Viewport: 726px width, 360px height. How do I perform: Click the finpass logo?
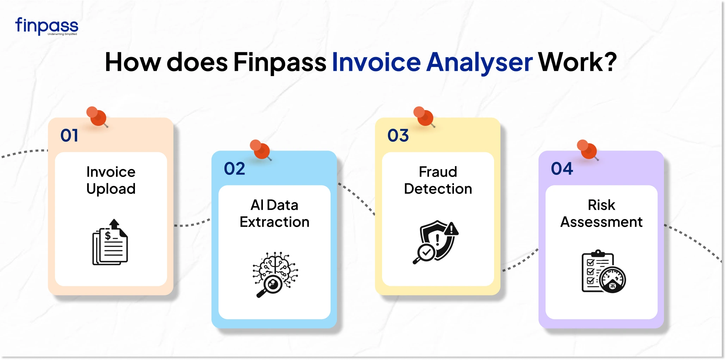tap(47, 26)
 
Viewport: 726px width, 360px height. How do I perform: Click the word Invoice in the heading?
tap(376, 62)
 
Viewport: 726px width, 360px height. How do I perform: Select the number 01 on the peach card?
tap(69, 135)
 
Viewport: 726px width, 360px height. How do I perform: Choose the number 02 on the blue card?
tap(234, 169)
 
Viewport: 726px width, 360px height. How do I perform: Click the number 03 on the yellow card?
tap(398, 135)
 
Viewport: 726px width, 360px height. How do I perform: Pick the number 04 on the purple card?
tap(562, 169)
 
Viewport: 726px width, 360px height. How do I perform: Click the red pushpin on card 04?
tap(587, 150)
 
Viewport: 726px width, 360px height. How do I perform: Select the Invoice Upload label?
tap(111, 180)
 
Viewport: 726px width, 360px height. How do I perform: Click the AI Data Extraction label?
tap(275, 213)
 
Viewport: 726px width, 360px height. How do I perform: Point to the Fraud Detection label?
tap(438, 180)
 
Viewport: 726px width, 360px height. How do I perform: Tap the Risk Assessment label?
tap(601, 213)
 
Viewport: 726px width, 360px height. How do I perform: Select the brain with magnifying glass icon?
tap(275, 274)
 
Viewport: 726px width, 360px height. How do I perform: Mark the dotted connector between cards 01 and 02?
tap(192, 224)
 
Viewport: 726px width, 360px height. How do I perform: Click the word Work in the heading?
tap(571, 62)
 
